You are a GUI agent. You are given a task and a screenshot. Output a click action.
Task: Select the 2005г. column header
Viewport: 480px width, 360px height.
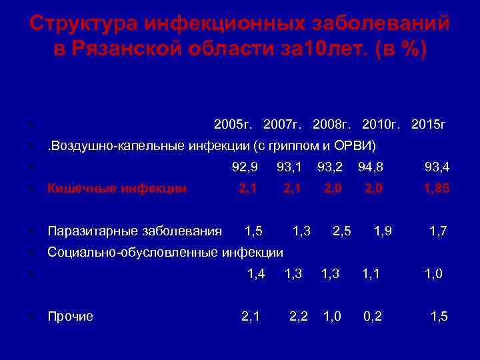click(234, 124)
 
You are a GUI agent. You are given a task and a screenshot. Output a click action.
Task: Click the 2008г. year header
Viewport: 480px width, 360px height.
click(333, 124)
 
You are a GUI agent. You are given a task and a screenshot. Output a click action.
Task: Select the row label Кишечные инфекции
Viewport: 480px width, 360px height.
click(117, 189)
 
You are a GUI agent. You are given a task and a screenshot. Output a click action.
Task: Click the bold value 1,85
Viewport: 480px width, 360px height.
click(437, 189)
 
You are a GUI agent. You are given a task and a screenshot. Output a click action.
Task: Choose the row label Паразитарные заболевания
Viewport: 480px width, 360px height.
click(135, 231)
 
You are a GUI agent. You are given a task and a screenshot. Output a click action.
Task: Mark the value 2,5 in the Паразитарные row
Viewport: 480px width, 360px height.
click(342, 231)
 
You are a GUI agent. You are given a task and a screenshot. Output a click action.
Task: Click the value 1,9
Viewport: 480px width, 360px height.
click(383, 231)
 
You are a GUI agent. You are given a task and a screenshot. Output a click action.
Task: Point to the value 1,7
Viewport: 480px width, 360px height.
click(438, 231)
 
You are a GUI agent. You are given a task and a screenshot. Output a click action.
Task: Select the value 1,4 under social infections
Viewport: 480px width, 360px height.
click(256, 273)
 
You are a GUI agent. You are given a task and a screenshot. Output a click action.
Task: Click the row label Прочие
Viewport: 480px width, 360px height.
click(70, 316)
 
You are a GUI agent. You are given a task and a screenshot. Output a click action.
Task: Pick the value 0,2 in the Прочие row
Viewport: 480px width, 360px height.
click(373, 316)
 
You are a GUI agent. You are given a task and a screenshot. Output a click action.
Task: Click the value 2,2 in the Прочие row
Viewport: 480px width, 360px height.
click(299, 316)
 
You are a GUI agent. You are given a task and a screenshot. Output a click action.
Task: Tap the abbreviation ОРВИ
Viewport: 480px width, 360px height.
click(359, 145)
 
